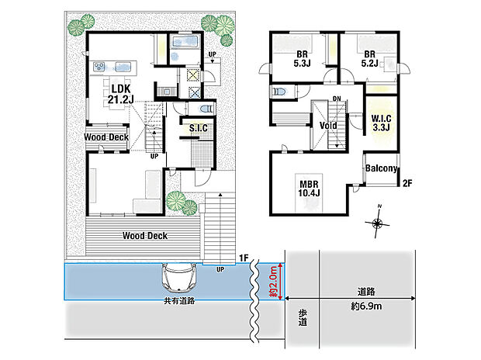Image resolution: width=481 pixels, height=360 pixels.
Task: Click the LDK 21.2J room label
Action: [120, 94]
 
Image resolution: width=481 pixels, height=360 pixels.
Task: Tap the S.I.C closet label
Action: [198, 128]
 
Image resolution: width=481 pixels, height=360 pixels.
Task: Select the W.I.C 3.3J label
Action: [381, 123]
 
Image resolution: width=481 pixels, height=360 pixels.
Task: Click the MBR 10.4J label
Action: [309, 189]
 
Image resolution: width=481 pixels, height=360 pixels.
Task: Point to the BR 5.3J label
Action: [302, 59]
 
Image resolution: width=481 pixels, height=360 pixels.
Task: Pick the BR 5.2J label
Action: [369, 59]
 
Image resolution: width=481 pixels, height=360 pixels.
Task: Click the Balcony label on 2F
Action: [381, 168]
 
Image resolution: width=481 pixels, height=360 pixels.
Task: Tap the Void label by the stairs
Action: [328, 125]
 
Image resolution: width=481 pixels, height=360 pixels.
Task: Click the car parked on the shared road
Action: [178, 278]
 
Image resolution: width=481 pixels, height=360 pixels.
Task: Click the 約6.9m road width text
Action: [366, 306]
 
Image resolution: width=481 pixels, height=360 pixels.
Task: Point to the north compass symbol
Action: [377, 223]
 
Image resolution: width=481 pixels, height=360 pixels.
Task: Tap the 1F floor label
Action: [244, 258]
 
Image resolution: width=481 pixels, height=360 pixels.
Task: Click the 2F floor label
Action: [407, 184]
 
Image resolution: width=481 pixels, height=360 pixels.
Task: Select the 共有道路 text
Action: [179, 301]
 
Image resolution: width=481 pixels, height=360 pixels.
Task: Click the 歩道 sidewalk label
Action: [303, 317]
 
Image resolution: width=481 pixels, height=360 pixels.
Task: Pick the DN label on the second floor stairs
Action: [337, 99]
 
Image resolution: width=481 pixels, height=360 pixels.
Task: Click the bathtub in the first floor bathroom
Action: [184, 41]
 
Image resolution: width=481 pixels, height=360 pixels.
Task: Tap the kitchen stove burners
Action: [99, 67]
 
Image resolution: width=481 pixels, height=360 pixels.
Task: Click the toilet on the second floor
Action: [280, 92]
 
